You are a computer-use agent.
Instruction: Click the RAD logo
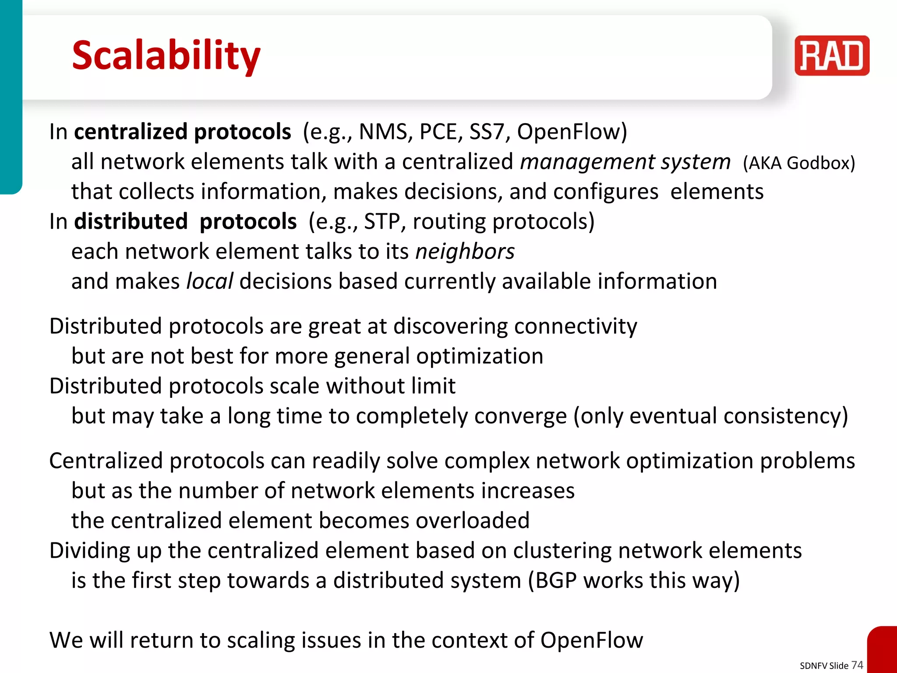(x=831, y=56)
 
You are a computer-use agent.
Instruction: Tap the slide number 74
(x=857, y=665)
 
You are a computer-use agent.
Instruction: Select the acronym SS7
(x=487, y=131)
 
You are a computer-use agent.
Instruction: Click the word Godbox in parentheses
(x=818, y=163)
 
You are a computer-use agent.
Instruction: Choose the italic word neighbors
(x=465, y=251)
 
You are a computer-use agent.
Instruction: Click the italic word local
(x=209, y=281)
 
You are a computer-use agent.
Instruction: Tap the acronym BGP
(x=556, y=580)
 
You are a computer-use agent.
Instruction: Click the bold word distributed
(x=131, y=221)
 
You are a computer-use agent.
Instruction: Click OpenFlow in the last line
(x=591, y=640)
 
